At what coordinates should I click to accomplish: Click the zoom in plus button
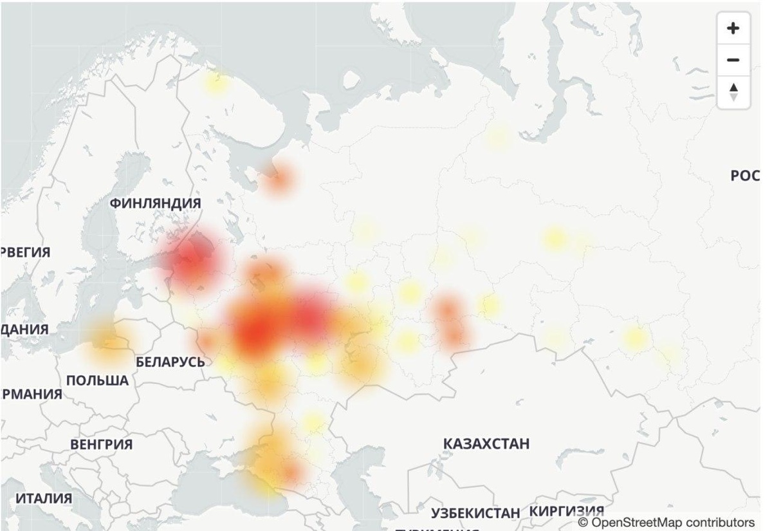point(733,28)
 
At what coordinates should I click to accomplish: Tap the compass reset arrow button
point(733,93)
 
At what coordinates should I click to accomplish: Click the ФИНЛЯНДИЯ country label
point(155,203)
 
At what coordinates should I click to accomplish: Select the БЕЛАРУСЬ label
point(170,362)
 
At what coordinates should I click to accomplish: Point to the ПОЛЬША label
point(97,381)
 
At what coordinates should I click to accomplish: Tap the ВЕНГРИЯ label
point(101,445)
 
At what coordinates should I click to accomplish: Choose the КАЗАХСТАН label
point(486,443)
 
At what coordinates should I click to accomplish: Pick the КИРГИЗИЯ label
point(567,510)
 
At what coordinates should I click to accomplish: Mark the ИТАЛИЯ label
point(44,498)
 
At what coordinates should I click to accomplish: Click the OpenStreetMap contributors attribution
point(666,522)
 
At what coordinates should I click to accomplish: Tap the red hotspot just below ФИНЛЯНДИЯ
point(191,261)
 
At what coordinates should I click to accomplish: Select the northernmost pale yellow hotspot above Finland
point(216,83)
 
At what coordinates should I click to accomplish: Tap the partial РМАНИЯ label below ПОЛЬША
point(31,394)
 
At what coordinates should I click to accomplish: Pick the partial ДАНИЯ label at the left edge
point(24,329)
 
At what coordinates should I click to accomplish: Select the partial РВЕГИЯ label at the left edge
point(25,252)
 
